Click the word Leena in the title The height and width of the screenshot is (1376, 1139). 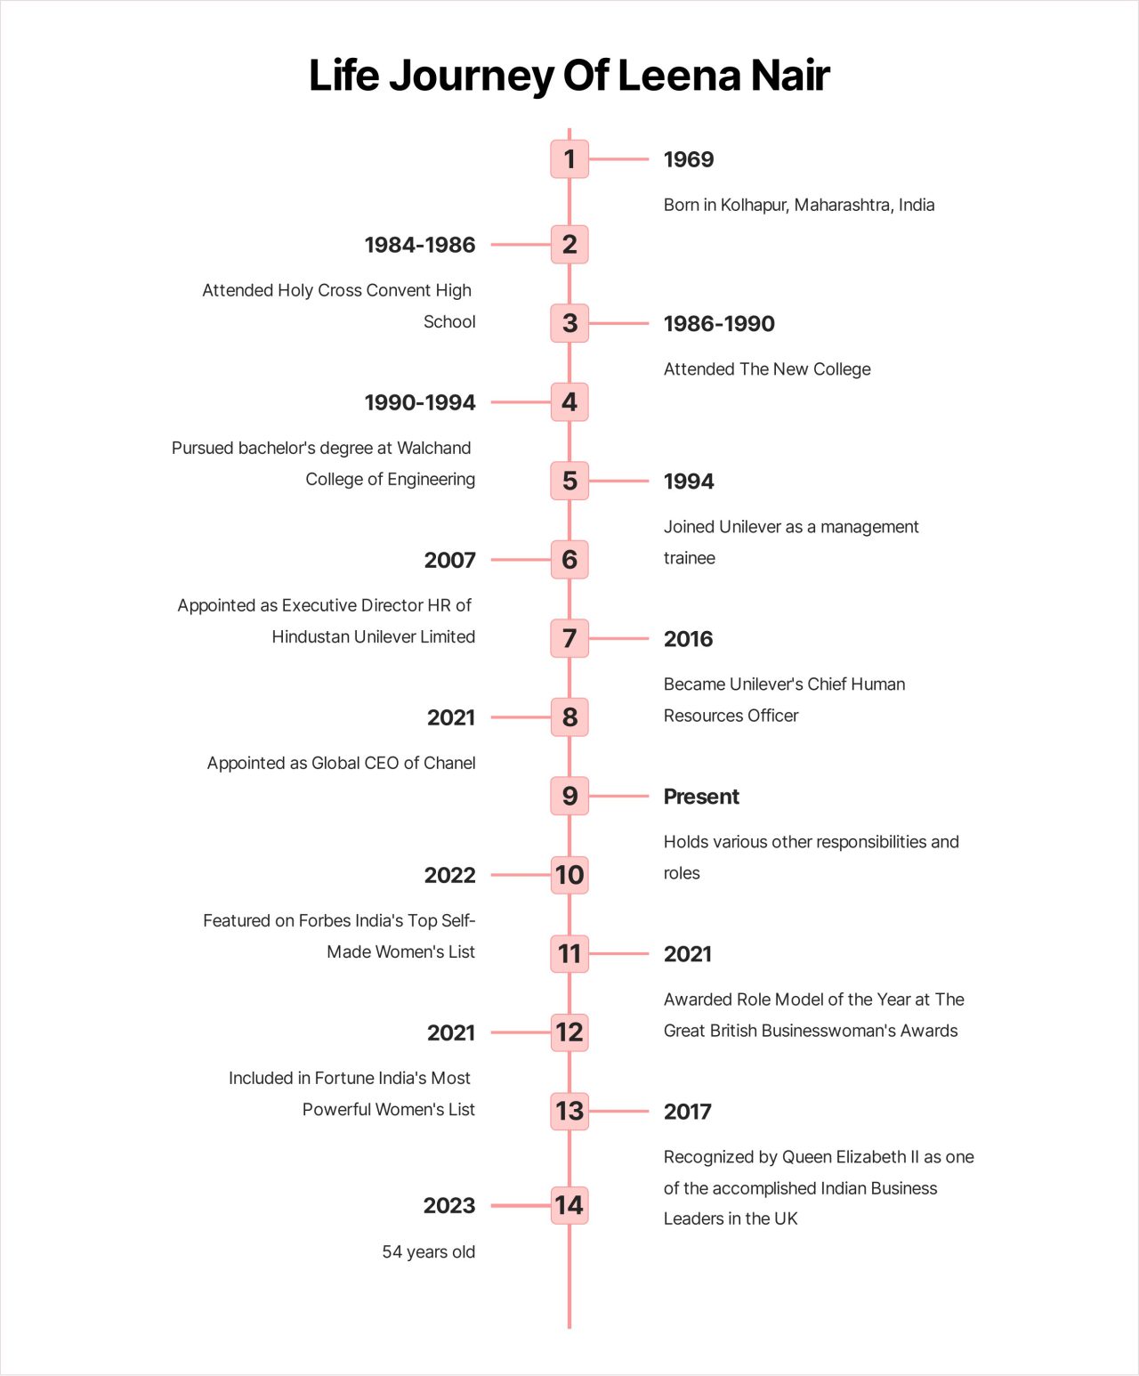point(678,76)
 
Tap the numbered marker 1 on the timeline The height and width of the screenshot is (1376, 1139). point(569,159)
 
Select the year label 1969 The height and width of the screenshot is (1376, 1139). point(688,160)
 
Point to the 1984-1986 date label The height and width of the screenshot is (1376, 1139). point(420,245)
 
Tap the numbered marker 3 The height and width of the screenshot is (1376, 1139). point(569,323)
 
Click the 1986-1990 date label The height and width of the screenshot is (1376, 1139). point(719,324)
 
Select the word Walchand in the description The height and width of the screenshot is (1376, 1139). point(433,448)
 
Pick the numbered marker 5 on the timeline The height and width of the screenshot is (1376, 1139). point(569,481)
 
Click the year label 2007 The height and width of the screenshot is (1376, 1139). point(449,561)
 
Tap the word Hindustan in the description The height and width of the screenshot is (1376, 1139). point(311,637)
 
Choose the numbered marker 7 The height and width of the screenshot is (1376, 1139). point(569,638)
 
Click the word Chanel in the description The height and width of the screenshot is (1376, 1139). point(449,764)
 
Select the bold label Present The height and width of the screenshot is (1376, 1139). point(701,797)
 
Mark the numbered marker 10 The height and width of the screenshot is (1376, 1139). point(569,875)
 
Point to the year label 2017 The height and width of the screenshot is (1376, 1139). point(687,1112)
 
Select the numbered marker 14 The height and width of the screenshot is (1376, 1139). point(569,1205)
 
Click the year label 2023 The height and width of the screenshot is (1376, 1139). point(449,1206)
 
